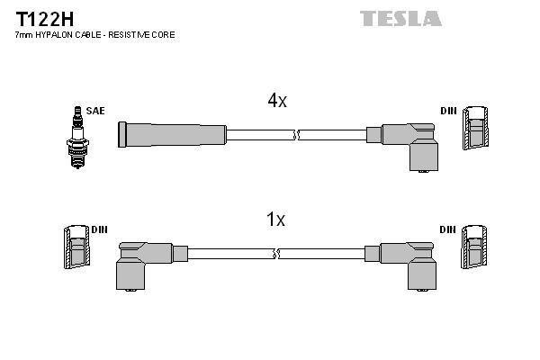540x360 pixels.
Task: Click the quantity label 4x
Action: (276, 102)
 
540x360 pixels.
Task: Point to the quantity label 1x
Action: (276, 220)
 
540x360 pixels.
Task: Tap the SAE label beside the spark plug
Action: (95, 111)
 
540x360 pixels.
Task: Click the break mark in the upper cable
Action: (297, 136)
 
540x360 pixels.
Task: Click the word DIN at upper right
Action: (447, 111)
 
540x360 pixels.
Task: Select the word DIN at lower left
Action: (99, 229)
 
